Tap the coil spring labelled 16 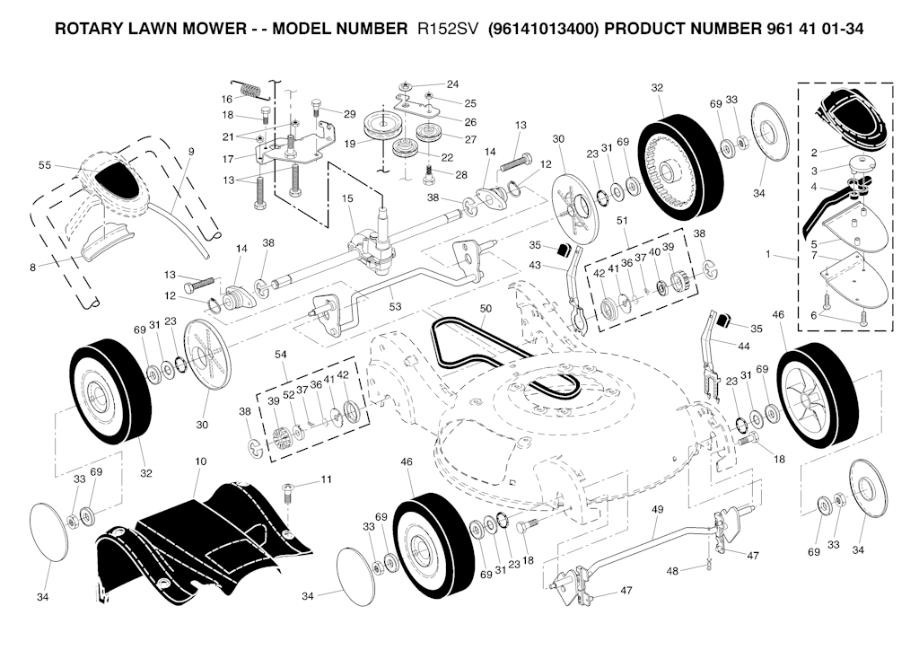[249, 89]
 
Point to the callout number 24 [452, 84]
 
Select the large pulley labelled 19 [381, 125]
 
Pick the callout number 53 [396, 306]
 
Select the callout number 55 [45, 165]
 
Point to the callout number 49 [658, 509]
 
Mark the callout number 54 [281, 354]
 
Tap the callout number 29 [349, 114]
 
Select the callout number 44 [743, 347]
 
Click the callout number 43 [535, 266]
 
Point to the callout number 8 [32, 268]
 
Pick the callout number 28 [461, 175]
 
